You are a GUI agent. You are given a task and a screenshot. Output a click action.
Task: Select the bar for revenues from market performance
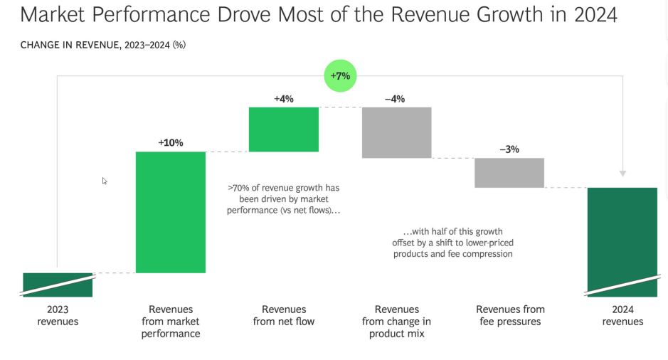[171, 212]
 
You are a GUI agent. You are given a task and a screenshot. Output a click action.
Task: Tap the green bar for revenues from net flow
[284, 129]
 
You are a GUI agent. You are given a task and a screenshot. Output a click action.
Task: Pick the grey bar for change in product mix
[396, 132]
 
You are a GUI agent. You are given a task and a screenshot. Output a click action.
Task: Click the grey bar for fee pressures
[509, 173]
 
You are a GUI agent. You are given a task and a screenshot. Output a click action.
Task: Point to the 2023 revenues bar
[58, 285]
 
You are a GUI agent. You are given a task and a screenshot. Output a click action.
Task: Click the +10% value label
[171, 143]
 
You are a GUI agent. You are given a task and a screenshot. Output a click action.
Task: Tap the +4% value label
[284, 99]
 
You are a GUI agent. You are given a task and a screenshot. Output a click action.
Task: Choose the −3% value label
[509, 149]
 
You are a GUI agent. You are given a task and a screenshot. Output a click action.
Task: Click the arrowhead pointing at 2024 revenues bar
[622, 173]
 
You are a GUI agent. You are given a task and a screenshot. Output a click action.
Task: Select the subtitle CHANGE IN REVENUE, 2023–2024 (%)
[103, 46]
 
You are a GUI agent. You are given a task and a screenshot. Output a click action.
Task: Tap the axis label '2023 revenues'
[58, 315]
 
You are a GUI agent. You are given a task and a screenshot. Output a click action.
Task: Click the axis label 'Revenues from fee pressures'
[510, 315]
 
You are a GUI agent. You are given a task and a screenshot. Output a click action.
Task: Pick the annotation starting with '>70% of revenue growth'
[283, 199]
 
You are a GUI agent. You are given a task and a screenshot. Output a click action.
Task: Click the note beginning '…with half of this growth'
[452, 243]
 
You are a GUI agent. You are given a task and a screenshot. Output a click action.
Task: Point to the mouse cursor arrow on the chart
[105, 181]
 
